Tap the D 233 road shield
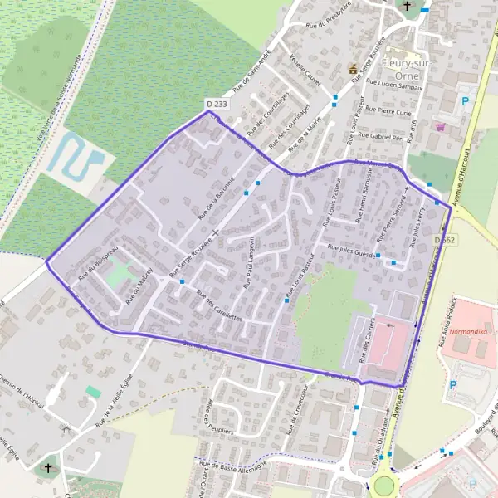pos(215,104)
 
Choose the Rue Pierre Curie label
pos(388,111)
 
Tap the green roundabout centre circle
pos(384,485)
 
